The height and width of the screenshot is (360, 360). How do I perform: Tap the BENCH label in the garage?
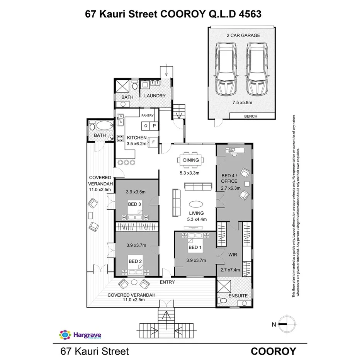pyautogui.click(x=251, y=116)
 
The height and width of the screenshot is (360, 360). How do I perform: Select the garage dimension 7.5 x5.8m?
pyautogui.click(x=242, y=103)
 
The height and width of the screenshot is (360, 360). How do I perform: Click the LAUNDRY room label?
pyautogui.click(x=155, y=96)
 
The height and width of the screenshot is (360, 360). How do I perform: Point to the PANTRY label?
pyautogui.click(x=148, y=115)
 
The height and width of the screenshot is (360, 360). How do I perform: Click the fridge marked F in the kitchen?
pyautogui.click(x=153, y=142)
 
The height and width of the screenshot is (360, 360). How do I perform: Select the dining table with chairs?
pyautogui.click(x=191, y=160)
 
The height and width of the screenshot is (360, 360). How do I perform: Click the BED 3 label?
pyautogui.click(x=134, y=204)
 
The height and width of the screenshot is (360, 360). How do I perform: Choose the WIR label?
pyautogui.click(x=233, y=255)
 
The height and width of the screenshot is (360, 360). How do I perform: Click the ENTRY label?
pyautogui.click(x=167, y=282)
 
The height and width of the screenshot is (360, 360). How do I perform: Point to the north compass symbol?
pyautogui.click(x=286, y=324)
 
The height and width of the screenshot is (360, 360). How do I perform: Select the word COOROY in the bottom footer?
pyautogui.click(x=273, y=351)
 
